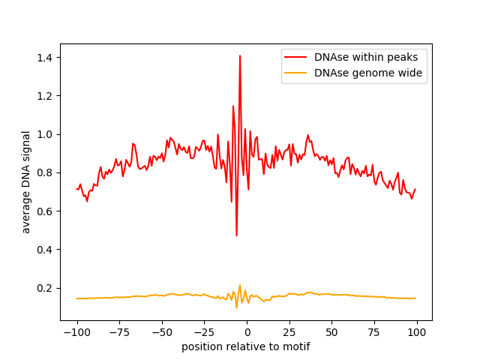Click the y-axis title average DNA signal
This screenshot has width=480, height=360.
[26, 182]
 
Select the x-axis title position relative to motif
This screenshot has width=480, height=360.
[246, 347]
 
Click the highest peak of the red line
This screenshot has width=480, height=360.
[240, 55]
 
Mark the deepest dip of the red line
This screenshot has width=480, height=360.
[236, 235]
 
